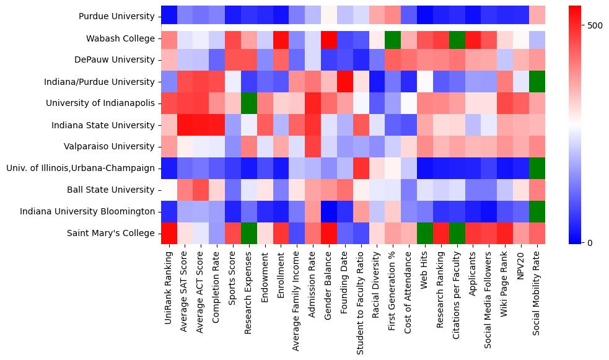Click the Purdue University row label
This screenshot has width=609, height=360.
[x=117, y=17]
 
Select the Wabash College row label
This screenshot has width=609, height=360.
[x=121, y=38]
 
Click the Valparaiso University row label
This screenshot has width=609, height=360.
[x=111, y=146]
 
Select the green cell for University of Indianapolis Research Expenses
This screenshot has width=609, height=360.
[x=248, y=103]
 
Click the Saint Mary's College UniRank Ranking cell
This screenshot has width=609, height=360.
[x=169, y=233]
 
